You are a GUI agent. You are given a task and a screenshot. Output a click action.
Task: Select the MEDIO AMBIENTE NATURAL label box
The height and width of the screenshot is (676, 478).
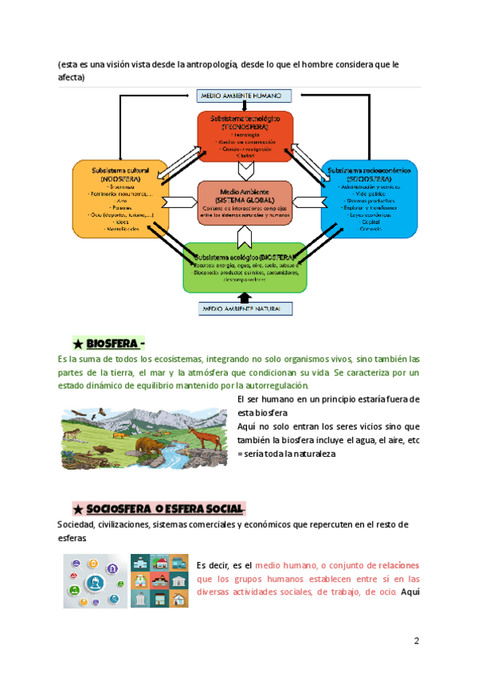coord(245,309)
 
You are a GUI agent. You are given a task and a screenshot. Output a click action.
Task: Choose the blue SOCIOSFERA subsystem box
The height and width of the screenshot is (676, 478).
coord(368,199)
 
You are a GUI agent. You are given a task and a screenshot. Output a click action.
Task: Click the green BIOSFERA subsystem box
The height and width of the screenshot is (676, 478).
coord(245,267)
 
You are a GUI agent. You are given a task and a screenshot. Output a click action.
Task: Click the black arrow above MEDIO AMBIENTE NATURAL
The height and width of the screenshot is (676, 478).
coord(245,297)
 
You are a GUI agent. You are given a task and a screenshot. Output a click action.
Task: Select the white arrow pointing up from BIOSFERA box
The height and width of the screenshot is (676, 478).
coord(245,234)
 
